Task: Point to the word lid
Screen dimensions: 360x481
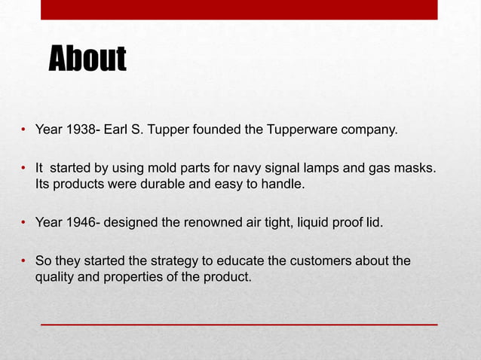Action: pyautogui.click(x=375, y=222)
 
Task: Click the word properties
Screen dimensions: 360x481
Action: pyautogui.click(x=127, y=277)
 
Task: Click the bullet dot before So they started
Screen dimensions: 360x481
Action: pyautogui.click(x=24, y=262)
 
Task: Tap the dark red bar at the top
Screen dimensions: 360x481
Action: pyautogui.click(x=239, y=9)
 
